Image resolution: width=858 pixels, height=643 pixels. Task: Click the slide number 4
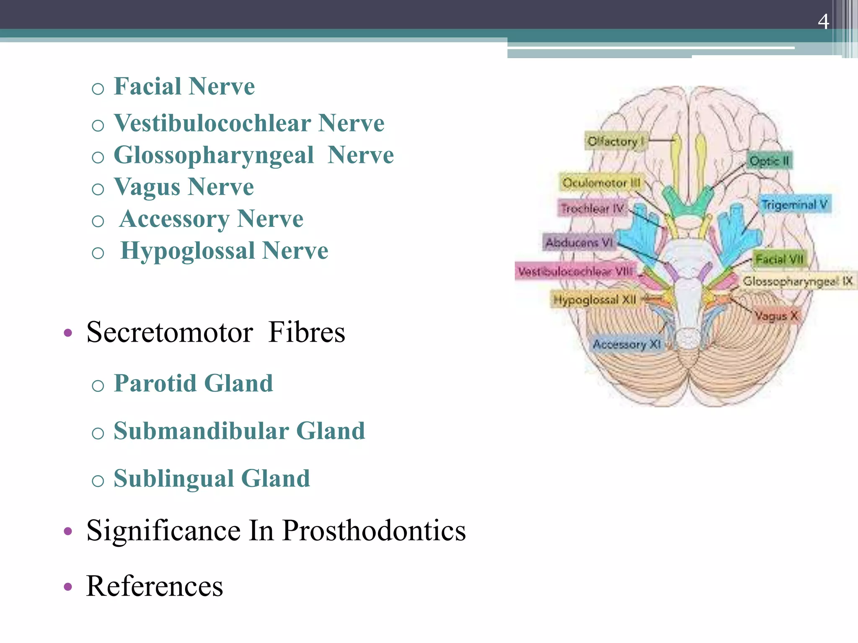[x=823, y=21]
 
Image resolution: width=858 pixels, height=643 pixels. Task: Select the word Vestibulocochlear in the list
[x=212, y=123]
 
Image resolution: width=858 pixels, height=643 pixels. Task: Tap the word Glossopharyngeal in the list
[x=214, y=156]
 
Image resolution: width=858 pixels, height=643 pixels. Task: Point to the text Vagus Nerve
[x=183, y=187]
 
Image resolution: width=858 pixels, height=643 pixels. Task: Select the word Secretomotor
[x=169, y=332]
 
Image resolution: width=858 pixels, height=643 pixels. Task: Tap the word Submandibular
[x=201, y=431]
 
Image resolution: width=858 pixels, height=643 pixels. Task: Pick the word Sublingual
[x=173, y=478]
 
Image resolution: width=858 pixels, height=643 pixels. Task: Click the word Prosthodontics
[x=374, y=531]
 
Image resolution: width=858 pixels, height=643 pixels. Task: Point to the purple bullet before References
[x=68, y=587]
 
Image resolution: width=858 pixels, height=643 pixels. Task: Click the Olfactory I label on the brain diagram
[x=615, y=141]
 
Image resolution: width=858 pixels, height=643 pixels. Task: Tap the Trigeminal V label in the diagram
[x=794, y=205]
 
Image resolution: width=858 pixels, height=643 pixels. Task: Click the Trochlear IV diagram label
[x=592, y=208]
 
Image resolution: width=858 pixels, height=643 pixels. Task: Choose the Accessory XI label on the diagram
[x=626, y=345]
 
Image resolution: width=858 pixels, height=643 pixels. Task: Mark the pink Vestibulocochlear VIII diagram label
[x=575, y=272]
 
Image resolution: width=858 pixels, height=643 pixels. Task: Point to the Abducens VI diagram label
[x=579, y=242]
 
